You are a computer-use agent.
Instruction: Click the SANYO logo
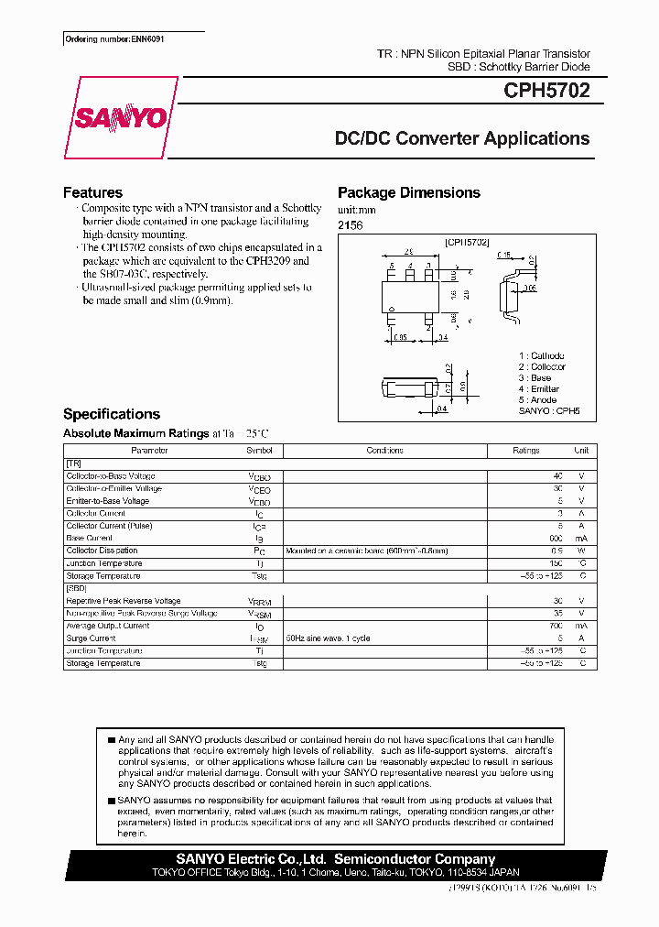coord(121,119)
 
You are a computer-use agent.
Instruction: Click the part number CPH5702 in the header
coord(546,91)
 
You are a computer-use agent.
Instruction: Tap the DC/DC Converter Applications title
coord(462,138)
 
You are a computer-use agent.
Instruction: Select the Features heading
coord(92,192)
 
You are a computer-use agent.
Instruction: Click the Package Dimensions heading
coord(409,192)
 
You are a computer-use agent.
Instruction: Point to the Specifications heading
coord(112,414)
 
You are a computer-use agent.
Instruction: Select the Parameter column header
coord(149,451)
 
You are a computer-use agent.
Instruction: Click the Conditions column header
coord(384,451)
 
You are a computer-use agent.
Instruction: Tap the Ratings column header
coord(525,451)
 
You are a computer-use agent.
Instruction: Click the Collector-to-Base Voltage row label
coord(111,476)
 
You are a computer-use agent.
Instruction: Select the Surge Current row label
coord(91,638)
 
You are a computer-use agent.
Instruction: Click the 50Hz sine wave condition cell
coord(328,638)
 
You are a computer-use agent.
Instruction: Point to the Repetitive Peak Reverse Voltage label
coord(123,601)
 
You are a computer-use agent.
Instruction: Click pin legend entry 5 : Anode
coord(536,400)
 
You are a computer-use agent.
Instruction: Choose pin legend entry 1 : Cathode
coord(541,355)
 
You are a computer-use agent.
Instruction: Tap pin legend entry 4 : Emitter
coord(538,389)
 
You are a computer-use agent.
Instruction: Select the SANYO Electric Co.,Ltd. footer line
coord(335,859)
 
